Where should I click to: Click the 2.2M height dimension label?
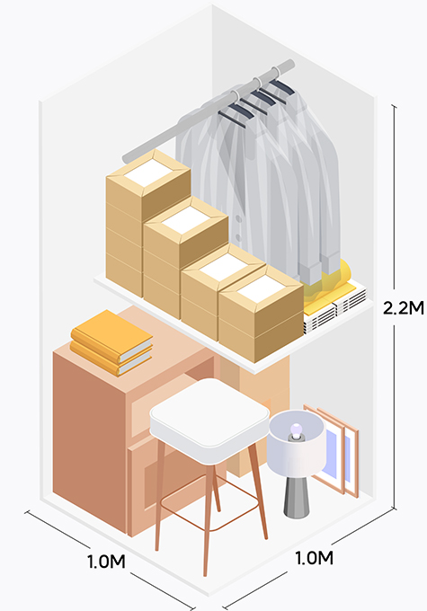[403, 308]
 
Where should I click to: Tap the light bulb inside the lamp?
[297, 429]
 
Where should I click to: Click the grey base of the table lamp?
[296, 497]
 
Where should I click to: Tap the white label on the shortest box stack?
[261, 288]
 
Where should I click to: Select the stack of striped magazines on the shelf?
[336, 310]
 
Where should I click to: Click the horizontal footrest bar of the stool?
[210, 502]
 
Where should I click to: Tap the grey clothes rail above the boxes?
[207, 113]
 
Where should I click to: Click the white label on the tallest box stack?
[147, 173]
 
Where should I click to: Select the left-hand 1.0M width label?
[106, 562]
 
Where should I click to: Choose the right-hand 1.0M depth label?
[315, 558]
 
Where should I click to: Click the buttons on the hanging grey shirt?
[238, 228]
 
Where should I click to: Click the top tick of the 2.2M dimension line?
[395, 106]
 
